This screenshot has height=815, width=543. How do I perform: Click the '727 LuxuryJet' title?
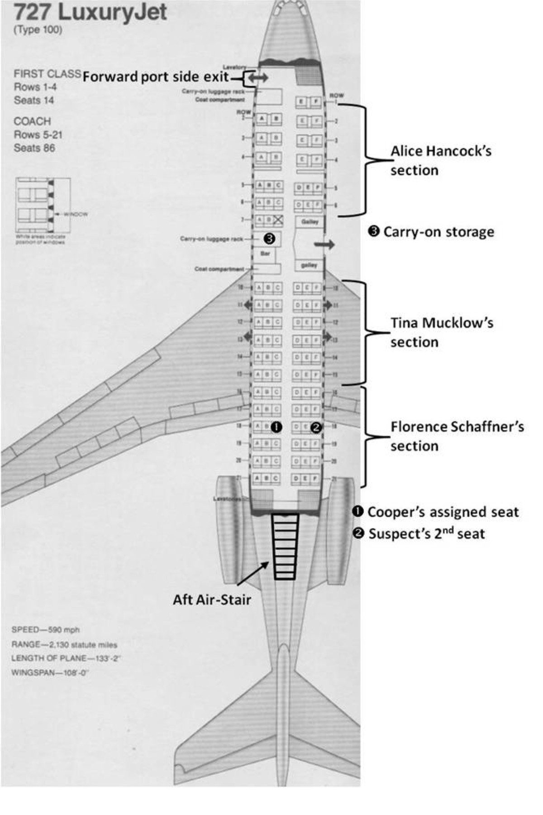(x=90, y=13)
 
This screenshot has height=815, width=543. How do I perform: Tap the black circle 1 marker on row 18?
(x=276, y=427)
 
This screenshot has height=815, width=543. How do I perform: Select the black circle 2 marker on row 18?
(x=316, y=427)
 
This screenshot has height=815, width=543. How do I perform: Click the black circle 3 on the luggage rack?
(x=269, y=238)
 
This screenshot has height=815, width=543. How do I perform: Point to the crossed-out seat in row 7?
(x=277, y=220)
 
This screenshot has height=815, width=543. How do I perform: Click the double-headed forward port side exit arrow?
(x=258, y=78)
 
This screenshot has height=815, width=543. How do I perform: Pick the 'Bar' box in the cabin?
(x=265, y=254)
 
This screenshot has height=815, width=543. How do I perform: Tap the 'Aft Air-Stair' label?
(x=212, y=599)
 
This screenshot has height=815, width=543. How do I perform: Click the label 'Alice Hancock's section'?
(x=441, y=161)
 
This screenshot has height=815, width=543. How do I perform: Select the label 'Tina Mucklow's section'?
(x=442, y=332)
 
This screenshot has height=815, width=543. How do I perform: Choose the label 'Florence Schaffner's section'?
(x=457, y=436)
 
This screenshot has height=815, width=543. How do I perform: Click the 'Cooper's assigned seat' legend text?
(x=443, y=512)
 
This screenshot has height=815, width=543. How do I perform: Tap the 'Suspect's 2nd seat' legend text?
(x=426, y=533)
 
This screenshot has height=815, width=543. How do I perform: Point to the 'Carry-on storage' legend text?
(x=438, y=232)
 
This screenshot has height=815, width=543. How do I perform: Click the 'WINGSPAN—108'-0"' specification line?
(x=50, y=672)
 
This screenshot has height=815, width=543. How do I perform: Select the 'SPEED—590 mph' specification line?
(x=45, y=630)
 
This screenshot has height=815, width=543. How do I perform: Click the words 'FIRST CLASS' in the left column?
(x=47, y=74)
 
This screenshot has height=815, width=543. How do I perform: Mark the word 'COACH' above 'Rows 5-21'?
(x=32, y=121)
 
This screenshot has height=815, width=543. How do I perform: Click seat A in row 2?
(x=262, y=119)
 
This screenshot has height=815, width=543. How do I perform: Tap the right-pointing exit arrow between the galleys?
(x=324, y=244)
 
